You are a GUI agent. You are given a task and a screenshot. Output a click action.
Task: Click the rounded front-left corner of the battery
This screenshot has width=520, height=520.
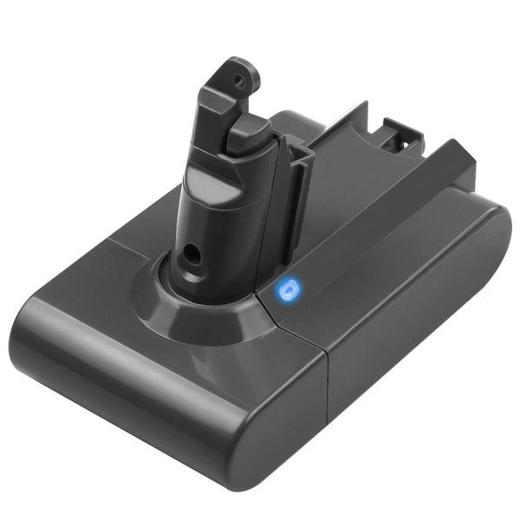(x=39, y=321)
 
